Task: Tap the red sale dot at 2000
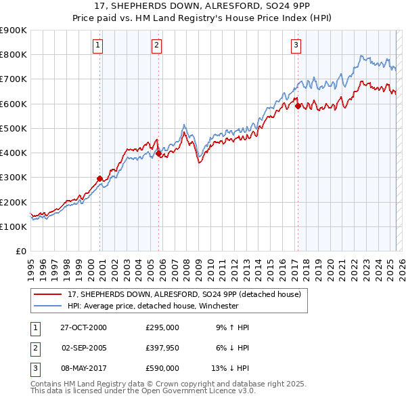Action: coord(99,179)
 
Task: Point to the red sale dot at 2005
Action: coord(158,154)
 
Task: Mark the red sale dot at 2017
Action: coord(298,105)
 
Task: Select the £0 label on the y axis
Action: coord(20,252)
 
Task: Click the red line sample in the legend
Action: coord(47,294)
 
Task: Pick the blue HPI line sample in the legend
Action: coord(47,306)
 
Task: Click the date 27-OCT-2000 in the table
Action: coord(83,327)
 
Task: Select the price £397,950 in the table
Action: coord(162,348)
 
